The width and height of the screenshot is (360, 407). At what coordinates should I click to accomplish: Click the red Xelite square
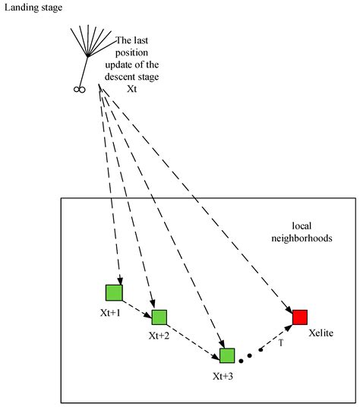coord(300,317)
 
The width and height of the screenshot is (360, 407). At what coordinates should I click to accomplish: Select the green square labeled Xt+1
coord(114,292)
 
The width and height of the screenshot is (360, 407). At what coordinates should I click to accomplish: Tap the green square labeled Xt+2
coord(159,317)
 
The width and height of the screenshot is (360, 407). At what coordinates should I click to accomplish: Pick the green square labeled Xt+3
coord(226,355)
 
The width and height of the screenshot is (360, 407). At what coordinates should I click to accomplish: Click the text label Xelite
coord(321,333)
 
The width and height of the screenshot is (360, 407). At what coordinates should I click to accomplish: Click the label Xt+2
coord(159,336)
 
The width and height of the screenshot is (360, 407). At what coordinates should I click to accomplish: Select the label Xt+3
coord(226,374)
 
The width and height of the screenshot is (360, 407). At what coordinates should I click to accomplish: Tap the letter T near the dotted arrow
coord(280,342)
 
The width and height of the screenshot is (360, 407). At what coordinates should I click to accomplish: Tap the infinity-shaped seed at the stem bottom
coord(78,90)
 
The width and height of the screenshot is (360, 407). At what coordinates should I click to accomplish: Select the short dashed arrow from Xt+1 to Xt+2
coord(137,305)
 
